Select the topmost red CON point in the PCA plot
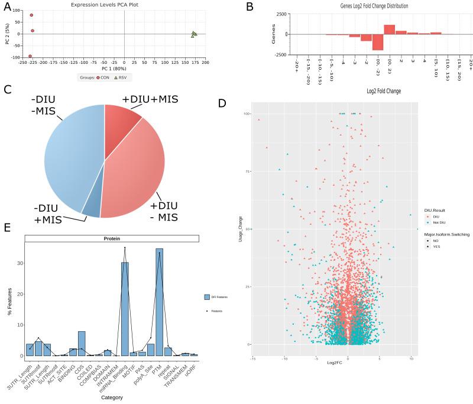31,15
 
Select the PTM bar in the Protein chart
159,302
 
